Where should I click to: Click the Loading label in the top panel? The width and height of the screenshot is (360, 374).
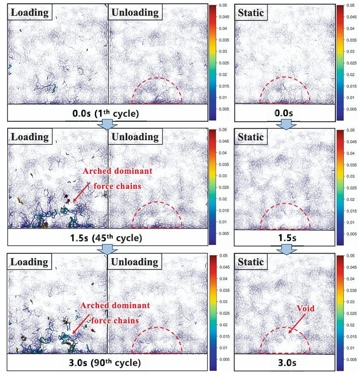pyautogui.click(x=29, y=12)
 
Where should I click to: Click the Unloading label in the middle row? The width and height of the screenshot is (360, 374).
pyautogui.click(x=135, y=137)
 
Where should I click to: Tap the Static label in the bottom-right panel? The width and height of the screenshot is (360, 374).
pyautogui.click(x=251, y=262)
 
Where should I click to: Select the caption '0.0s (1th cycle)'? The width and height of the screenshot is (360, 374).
pyautogui.click(x=109, y=114)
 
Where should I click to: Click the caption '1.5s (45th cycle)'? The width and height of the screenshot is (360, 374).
pyautogui.click(x=109, y=239)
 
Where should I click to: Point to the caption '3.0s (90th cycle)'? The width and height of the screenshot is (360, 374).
pyautogui.click(x=109, y=363)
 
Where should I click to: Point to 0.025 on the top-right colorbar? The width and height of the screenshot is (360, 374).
pyautogui.click(x=351, y=63)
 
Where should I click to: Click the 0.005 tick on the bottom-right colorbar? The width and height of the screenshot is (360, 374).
pyautogui.click(x=351, y=359)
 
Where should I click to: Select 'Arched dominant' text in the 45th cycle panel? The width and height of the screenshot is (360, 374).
pyautogui.click(x=117, y=171)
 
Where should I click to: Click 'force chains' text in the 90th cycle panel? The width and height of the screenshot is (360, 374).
pyautogui.click(x=118, y=320)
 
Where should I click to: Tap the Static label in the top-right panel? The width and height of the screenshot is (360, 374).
pyautogui.click(x=251, y=12)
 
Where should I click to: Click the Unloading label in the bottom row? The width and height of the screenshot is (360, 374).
pyautogui.click(x=135, y=262)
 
